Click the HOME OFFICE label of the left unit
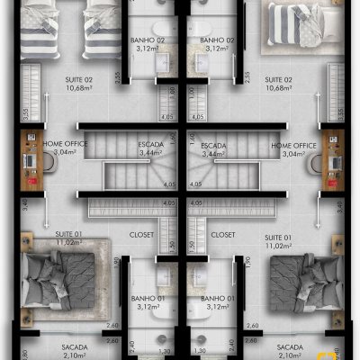(66, 145)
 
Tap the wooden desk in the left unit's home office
(26, 162)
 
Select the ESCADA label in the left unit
(152, 145)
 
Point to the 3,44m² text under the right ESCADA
(214, 154)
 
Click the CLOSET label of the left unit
(142, 235)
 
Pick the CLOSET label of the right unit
(222, 235)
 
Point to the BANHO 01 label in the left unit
(146, 298)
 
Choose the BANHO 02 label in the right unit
(218, 40)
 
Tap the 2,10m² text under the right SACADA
(290, 355)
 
